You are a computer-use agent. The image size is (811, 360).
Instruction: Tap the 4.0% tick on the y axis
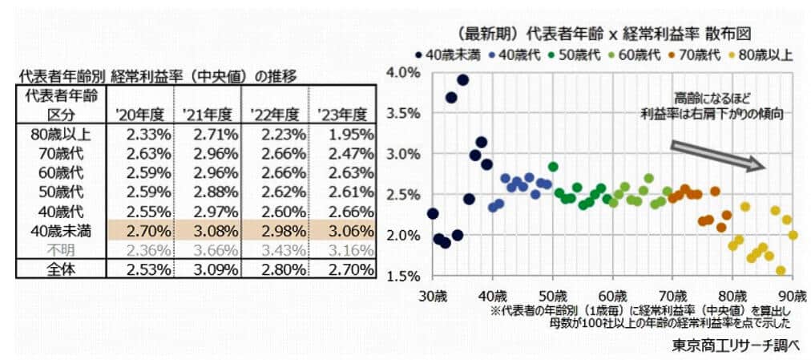point(404,72)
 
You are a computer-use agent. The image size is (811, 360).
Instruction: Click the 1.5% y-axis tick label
point(404,276)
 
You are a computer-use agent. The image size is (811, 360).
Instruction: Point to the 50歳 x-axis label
point(552,294)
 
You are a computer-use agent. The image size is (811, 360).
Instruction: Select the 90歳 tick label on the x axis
point(792,294)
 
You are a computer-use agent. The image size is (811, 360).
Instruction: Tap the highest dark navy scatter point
point(462,79)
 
